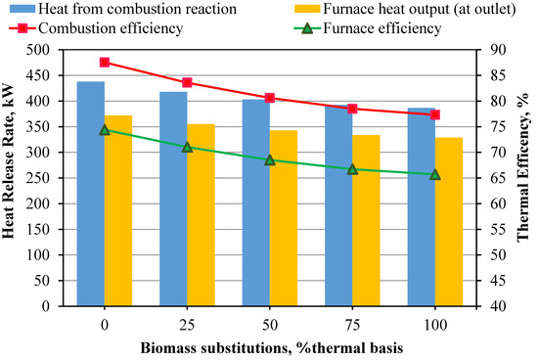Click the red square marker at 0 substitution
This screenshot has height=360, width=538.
click(105, 62)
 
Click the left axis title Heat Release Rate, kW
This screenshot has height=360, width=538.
click(12, 178)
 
